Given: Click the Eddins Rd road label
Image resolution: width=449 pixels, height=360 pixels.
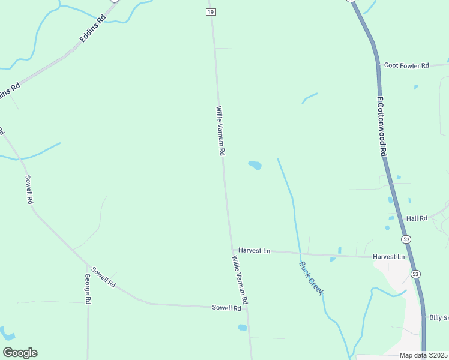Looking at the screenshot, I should (x=93, y=29).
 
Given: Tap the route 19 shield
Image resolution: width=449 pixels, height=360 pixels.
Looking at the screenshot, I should (x=209, y=12).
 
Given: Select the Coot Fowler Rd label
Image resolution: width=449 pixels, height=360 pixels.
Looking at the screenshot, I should (x=406, y=65).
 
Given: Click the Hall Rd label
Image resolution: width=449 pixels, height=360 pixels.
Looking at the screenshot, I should (x=416, y=218).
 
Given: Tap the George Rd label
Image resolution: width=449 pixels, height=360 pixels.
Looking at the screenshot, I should (x=88, y=288).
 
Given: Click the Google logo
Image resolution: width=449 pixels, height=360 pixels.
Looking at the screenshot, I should (x=20, y=353).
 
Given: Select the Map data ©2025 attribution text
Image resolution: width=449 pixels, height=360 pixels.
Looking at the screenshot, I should (x=424, y=355).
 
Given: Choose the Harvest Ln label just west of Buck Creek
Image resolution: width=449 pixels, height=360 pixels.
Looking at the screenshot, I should (x=254, y=250).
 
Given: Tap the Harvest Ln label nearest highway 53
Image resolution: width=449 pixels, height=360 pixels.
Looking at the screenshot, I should (x=388, y=257).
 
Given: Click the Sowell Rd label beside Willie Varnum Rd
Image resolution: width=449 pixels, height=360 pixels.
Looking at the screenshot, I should (x=226, y=308).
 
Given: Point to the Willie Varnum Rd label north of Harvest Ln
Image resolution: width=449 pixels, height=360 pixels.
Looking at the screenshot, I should (x=220, y=131).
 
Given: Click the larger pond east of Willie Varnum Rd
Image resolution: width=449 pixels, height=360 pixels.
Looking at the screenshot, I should (x=255, y=165).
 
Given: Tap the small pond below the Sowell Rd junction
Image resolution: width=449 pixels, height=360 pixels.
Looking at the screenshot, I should (x=243, y=328).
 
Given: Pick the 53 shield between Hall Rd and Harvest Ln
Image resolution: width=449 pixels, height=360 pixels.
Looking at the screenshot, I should (x=407, y=239).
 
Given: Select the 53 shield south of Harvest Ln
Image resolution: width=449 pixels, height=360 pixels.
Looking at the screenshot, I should (x=415, y=274).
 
